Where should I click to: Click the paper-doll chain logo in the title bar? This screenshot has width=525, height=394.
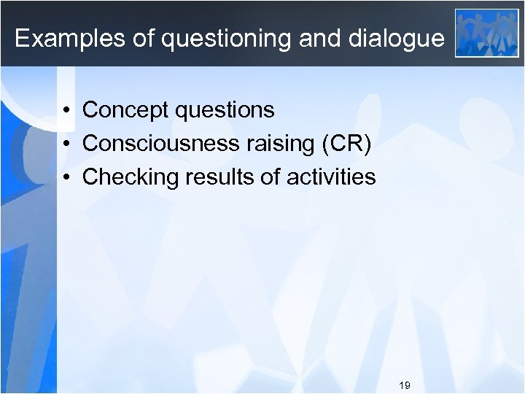coord(486,33)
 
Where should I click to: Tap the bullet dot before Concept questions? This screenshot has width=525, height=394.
coord(66,111)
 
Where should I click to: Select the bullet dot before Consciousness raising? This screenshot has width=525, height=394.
coord(66,144)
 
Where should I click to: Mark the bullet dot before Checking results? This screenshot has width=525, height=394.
coord(66,178)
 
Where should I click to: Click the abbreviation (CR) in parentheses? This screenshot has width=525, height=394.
coord(346,144)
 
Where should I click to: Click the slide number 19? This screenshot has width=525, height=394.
coord(405,384)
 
